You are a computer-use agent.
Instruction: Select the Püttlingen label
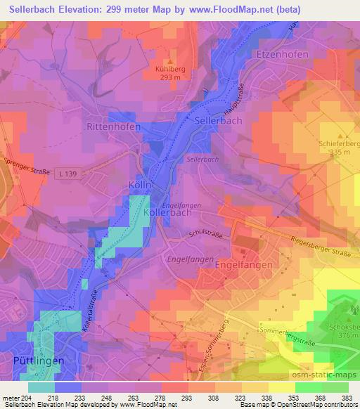(x=39, y=360)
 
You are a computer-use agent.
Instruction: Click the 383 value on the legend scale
(x=346, y=398)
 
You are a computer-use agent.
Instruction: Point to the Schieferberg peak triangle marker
(x=341, y=136)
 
